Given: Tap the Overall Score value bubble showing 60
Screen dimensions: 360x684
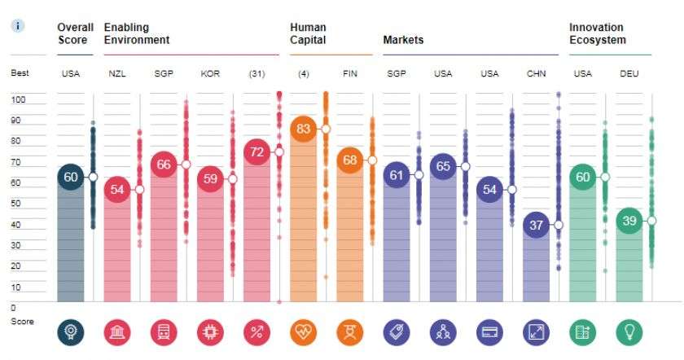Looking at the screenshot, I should tap(70, 177).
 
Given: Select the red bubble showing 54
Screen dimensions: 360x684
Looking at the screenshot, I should tap(117, 190).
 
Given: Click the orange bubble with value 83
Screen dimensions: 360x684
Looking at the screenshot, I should tap(304, 129).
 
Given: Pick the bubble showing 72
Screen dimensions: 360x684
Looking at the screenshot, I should tap(257, 152).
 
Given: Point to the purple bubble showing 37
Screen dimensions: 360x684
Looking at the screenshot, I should tap(537, 226).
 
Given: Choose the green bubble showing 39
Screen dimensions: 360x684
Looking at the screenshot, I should tap(630, 221).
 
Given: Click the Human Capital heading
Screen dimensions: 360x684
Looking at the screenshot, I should tap(308, 33).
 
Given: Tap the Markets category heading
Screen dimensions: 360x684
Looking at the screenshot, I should tap(403, 40).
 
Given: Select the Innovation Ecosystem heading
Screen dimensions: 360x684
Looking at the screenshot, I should tap(597, 33).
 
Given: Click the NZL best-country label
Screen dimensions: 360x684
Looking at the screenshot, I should tap(117, 74).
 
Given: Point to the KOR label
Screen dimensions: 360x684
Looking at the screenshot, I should tap(210, 74).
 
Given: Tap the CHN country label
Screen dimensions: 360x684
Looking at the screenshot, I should tap(537, 74).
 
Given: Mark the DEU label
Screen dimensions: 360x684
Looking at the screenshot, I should tap(629, 74).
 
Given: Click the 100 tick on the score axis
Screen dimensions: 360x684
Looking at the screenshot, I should tap(19, 99).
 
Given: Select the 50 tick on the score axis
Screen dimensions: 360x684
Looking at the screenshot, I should tap(17, 204).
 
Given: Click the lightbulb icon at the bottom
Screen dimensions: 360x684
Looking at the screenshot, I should tap(629, 331).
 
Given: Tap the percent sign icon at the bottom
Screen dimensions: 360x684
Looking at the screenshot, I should tap(257, 331).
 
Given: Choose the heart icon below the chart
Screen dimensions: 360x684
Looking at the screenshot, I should tap(304, 331).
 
